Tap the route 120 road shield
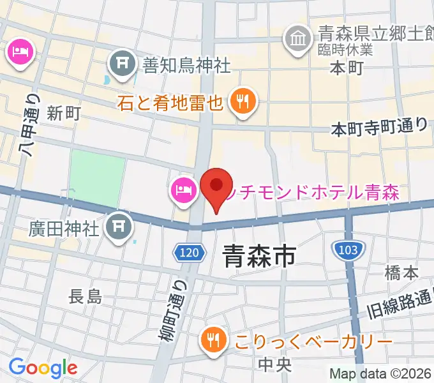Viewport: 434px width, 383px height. [189, 253]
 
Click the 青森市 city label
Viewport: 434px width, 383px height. [258, 257]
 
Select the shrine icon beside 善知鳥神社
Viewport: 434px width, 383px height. [121, 63]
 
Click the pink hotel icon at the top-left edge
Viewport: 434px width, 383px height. [19, 51]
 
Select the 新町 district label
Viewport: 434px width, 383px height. [64, 114]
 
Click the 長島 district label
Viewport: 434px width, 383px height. [85, 296]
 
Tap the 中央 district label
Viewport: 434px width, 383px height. [275, 364]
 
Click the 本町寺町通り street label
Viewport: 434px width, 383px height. [379, 127]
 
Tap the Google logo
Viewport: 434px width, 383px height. [43, 367]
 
